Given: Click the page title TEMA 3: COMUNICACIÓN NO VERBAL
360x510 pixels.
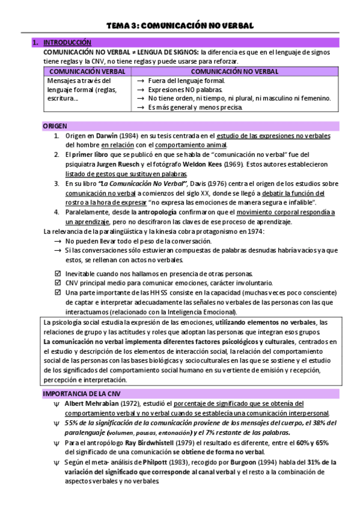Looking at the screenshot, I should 180,25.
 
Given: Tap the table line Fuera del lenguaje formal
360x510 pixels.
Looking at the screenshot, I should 186,81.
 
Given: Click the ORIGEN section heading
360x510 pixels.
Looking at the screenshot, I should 55,126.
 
